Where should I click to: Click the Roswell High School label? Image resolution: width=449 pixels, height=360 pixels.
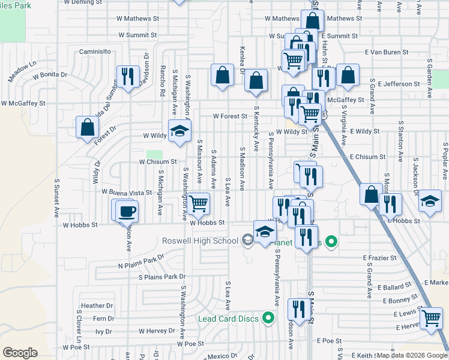(200, 241)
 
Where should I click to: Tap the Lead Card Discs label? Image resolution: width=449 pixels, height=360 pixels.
(231, 319)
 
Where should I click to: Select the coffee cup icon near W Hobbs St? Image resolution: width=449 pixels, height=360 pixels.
(127, 211)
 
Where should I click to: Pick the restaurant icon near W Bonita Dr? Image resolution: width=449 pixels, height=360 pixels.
(127, 76)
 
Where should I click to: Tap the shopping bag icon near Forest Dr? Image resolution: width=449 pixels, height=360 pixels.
(88, 127)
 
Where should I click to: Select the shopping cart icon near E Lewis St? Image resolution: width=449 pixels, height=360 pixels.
(431, 317)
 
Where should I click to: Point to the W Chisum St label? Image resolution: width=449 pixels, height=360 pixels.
(158, 161)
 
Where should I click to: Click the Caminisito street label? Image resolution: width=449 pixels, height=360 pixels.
(95, 52)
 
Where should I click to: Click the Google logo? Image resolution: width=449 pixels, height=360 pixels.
(20, 352)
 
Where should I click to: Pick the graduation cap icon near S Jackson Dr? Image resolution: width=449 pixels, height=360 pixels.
(430, 201)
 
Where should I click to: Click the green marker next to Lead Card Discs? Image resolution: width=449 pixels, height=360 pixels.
(268, 319)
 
